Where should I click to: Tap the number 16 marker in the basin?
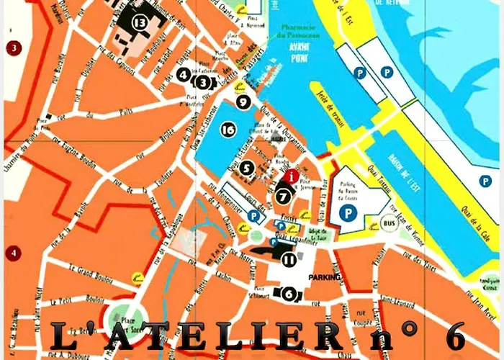228,130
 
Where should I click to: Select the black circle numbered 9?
244,102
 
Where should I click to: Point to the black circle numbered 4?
184,73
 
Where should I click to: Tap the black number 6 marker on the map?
289,293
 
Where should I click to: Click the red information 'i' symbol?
290,176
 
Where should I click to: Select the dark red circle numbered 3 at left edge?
12,48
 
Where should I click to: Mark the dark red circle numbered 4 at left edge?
12,253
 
